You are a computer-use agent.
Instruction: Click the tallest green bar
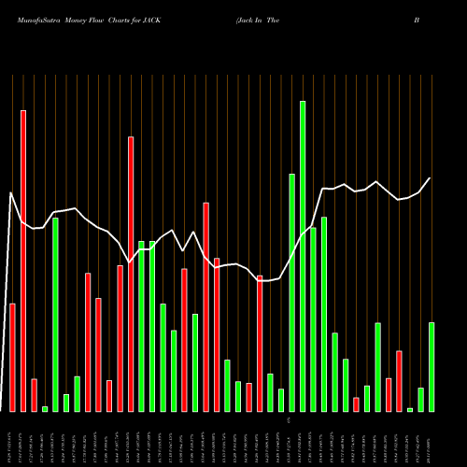tap(303, 256)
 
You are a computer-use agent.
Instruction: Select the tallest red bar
tap(23, 261)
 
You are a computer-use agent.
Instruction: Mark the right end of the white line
tap(431, 177)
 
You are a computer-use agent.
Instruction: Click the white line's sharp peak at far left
tap(10, 193)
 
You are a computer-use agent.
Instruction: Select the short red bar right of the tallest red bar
tap(35, 395)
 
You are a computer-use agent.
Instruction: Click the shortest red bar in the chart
tap(356, 404)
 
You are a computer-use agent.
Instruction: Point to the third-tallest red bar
tap(206, 307)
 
